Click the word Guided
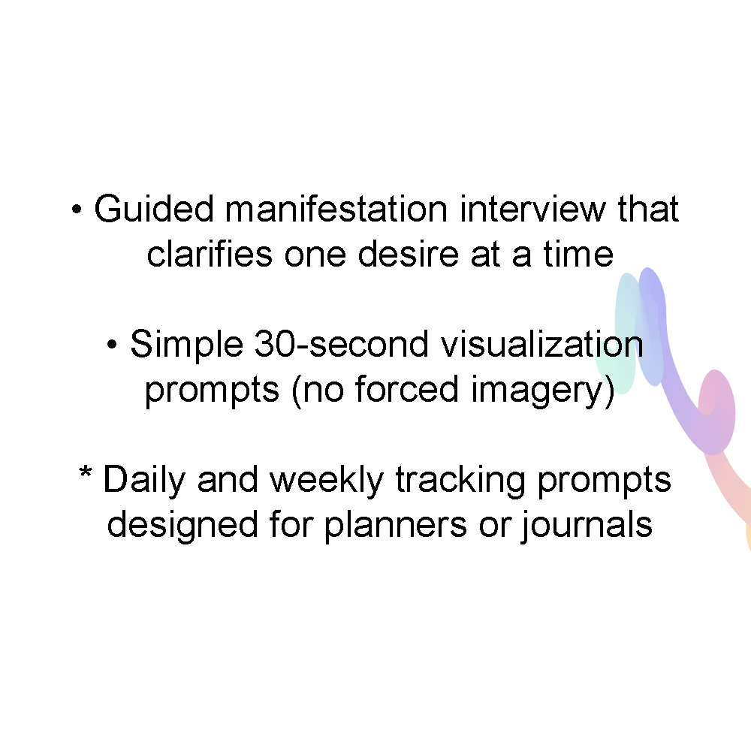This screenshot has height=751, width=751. [x=154, y=209]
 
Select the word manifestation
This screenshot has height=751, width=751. [x=336, y=209]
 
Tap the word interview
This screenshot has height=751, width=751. [x=532, y=209]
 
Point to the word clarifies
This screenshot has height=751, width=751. [x=210, y=253]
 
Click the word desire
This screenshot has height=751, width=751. [x=409, y=253]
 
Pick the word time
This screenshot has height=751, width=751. [x=578, y=253]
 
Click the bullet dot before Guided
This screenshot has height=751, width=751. [x=77, y=210]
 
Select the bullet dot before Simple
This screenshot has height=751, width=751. [x=112, y=345]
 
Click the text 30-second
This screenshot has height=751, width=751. [x=341, y=344]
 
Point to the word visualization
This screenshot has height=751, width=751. [x=541, y=344]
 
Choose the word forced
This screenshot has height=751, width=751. [x=407, y=388]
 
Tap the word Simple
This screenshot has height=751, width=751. [x=186, y=345]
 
